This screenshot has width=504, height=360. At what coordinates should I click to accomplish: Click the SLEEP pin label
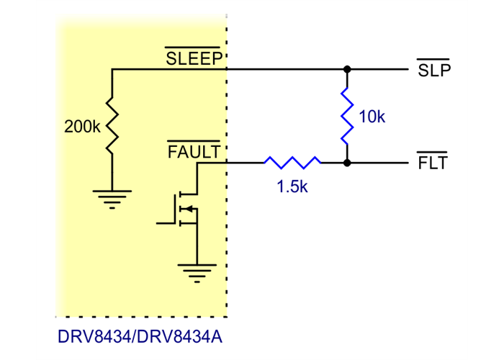(x=195, y=59)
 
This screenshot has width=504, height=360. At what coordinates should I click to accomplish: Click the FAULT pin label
(x=195, y=152)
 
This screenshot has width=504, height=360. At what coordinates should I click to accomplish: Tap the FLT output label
(x=433, y=163)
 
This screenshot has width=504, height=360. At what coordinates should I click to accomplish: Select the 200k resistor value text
(x=82, y=127)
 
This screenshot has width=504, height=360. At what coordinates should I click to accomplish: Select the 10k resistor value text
(x=372, y=117)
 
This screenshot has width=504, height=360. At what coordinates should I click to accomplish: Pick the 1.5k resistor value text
(x=292, y=186)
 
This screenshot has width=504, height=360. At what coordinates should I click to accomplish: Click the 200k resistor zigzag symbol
(x=112, y=127)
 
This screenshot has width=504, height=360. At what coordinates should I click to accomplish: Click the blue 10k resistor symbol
(x=347, y=116)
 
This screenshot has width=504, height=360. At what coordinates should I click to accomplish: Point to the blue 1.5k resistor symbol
(x=292, y=163)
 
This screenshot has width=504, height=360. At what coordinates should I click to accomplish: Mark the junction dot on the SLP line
(x=347, y=70)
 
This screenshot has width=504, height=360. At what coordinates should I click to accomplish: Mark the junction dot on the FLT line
(x=347, y=163)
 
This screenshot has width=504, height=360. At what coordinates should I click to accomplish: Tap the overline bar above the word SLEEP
(x=195, y=50)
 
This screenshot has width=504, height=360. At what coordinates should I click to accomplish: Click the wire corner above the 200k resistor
(x=112, y=70)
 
